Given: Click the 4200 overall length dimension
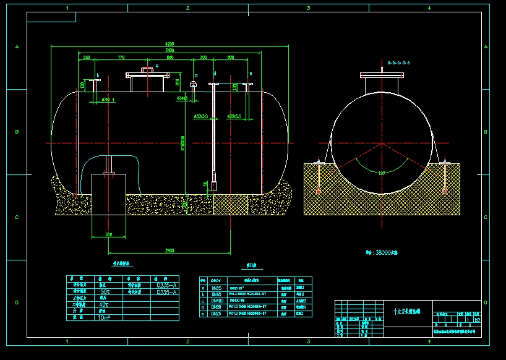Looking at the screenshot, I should coord(169,43).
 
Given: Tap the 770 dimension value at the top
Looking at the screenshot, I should coord(121,57).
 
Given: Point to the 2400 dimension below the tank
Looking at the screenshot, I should coord(169,251).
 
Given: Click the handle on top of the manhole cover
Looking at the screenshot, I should coord(147,69).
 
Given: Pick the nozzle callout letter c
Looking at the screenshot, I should coord(157,65).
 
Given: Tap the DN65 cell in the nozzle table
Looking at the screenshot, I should coord(216,294).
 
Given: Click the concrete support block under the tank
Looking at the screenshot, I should coord(109,193).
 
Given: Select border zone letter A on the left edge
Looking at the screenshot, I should coord(17,47).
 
